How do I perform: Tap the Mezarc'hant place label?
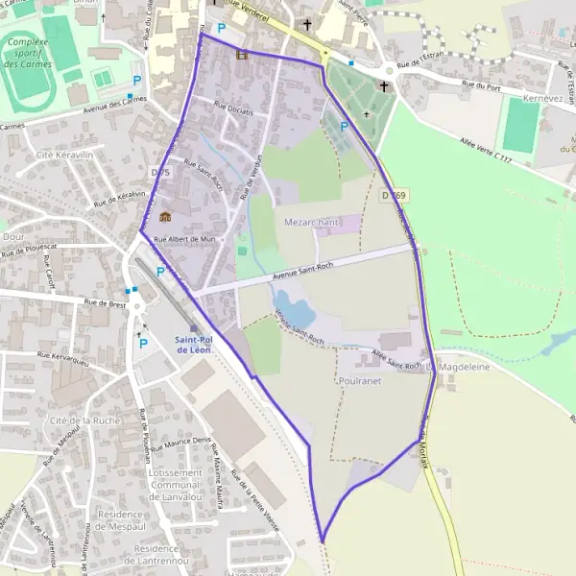[x=313, y=222]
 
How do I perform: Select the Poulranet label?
[x=361, y=380]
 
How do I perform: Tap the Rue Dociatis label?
[x=234, y=110]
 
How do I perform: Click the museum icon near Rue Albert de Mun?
[x=165, y=216]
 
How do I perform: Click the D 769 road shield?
[x=389, y=195]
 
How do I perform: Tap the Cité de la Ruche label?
[x=84, y=420]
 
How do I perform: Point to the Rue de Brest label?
[x=105, y=304]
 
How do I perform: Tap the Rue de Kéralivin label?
[x=120, y=199]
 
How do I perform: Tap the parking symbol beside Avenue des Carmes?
[x=136, y=81]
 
